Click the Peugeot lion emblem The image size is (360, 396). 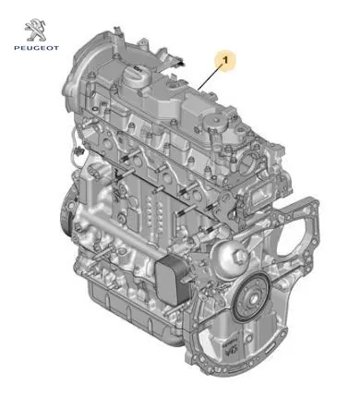36,30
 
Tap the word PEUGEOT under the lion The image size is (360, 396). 36,48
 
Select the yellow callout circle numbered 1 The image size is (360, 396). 225,61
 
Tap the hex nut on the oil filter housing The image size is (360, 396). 241,257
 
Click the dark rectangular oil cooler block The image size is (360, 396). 173,280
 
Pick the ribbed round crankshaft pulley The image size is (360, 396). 252,297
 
